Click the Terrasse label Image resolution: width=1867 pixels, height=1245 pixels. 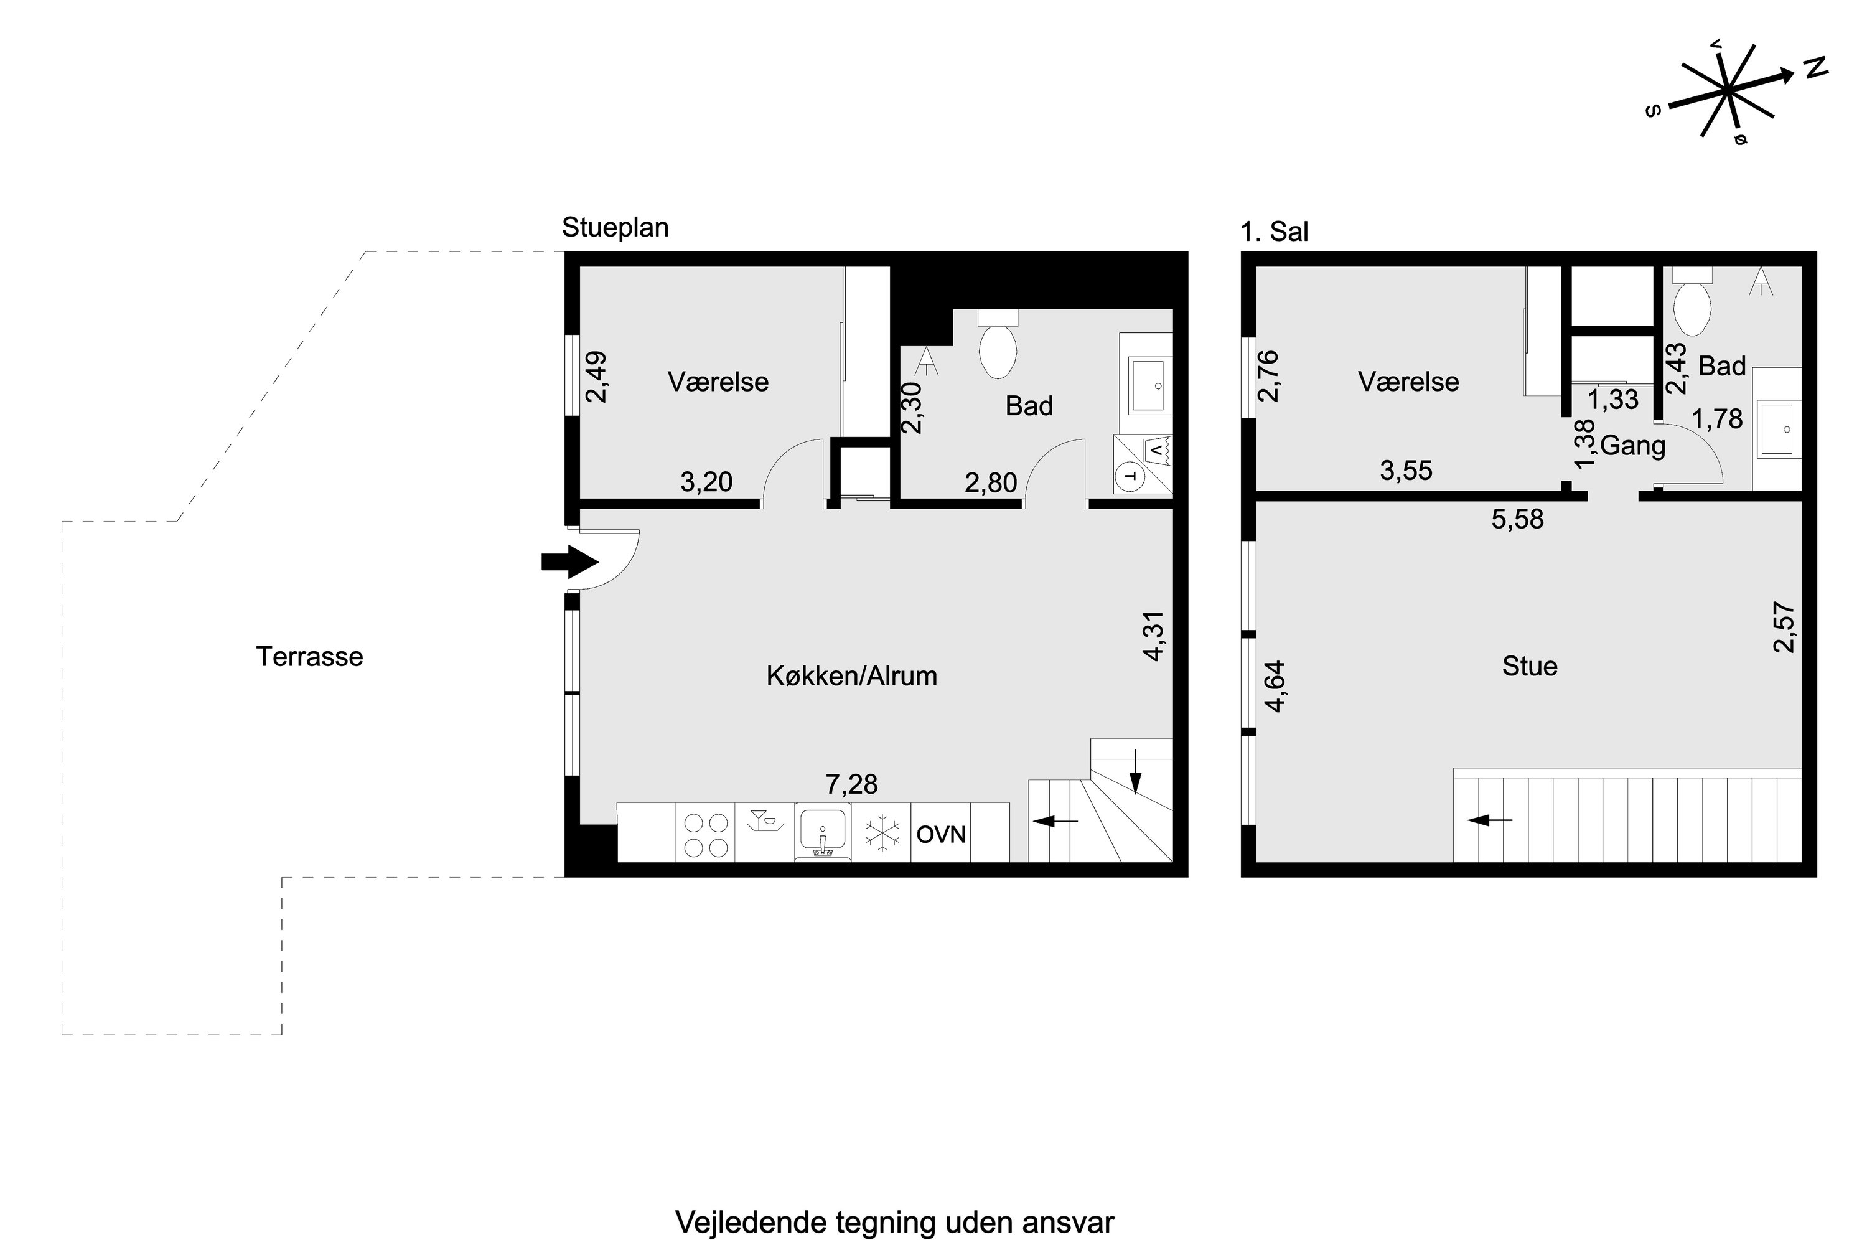[309, 657]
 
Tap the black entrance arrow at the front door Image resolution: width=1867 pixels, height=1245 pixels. [569, 562]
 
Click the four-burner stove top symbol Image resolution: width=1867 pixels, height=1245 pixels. [706, 835]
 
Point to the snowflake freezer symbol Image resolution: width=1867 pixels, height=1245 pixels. [882, 833]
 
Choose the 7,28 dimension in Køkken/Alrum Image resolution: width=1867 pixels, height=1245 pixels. [852, 784]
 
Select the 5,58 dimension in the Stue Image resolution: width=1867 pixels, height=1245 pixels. [1518, 519]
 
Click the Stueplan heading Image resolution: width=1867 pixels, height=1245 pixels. [615, 228]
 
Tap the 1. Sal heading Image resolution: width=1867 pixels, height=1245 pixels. [1274, 232]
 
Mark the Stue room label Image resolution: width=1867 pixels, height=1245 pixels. [1530, 666]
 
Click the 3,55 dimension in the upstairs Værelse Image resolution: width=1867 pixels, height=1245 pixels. [1406, 471]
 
